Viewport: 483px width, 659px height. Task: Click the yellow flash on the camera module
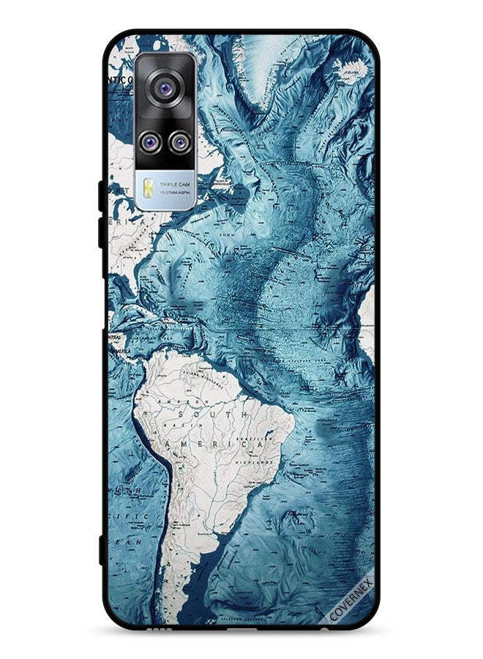[x=149, y=187]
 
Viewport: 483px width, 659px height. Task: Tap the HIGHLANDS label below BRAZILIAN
[x=255, y=463]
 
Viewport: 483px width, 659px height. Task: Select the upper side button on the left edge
[x=102, y=195]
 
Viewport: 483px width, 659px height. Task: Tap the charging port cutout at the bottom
[x=241, y=628]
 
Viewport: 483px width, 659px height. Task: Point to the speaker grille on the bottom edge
[x=158, y=628]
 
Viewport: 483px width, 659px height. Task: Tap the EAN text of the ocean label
[x=130, y=543]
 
